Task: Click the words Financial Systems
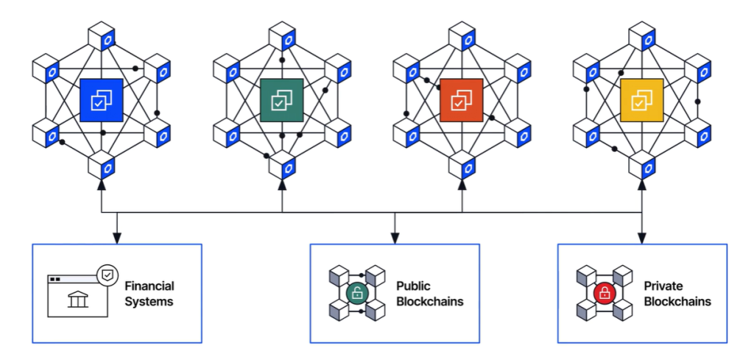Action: (149, 293)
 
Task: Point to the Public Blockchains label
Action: (423, 293)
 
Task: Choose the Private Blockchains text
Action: (677, 293)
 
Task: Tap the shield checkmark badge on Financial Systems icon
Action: (108, 275)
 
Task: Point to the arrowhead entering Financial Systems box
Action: (116, 238)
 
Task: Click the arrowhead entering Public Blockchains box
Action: (395, 238)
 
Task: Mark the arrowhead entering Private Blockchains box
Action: (642, 238)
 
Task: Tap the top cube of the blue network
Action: (101, 37)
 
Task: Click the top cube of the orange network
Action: (462, 37)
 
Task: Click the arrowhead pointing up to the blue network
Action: (102, 185)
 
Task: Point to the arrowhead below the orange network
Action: (462, 185)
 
